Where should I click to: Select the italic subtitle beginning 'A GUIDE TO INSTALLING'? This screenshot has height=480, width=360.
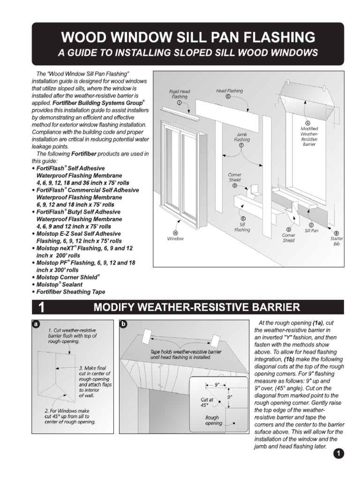(x=187, y=53)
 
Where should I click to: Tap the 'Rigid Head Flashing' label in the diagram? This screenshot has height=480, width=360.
(x=180, y=94)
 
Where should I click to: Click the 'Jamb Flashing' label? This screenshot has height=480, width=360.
(x=242, y=136)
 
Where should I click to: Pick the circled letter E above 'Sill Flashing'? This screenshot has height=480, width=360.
(x=243, y=219)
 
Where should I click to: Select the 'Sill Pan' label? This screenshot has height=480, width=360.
(x=311, y=231)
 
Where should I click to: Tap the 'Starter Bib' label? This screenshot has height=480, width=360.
(x=336, y=241)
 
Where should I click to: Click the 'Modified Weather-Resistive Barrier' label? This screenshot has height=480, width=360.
(x=309, y=136)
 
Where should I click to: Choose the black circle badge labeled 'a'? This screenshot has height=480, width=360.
(x=36, y=324)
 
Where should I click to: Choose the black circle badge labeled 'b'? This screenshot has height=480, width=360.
(x=123, y=324)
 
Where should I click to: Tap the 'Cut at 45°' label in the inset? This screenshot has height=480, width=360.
(x=207, y=401)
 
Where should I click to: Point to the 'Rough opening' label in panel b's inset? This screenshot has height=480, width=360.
(x=213, y=420)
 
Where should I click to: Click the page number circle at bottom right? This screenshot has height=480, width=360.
(x=339, y=453)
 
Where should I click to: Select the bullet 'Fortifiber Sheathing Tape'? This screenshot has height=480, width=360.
(x=71, y=292)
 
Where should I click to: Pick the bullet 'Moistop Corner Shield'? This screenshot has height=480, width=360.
(x=68, y=277)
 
